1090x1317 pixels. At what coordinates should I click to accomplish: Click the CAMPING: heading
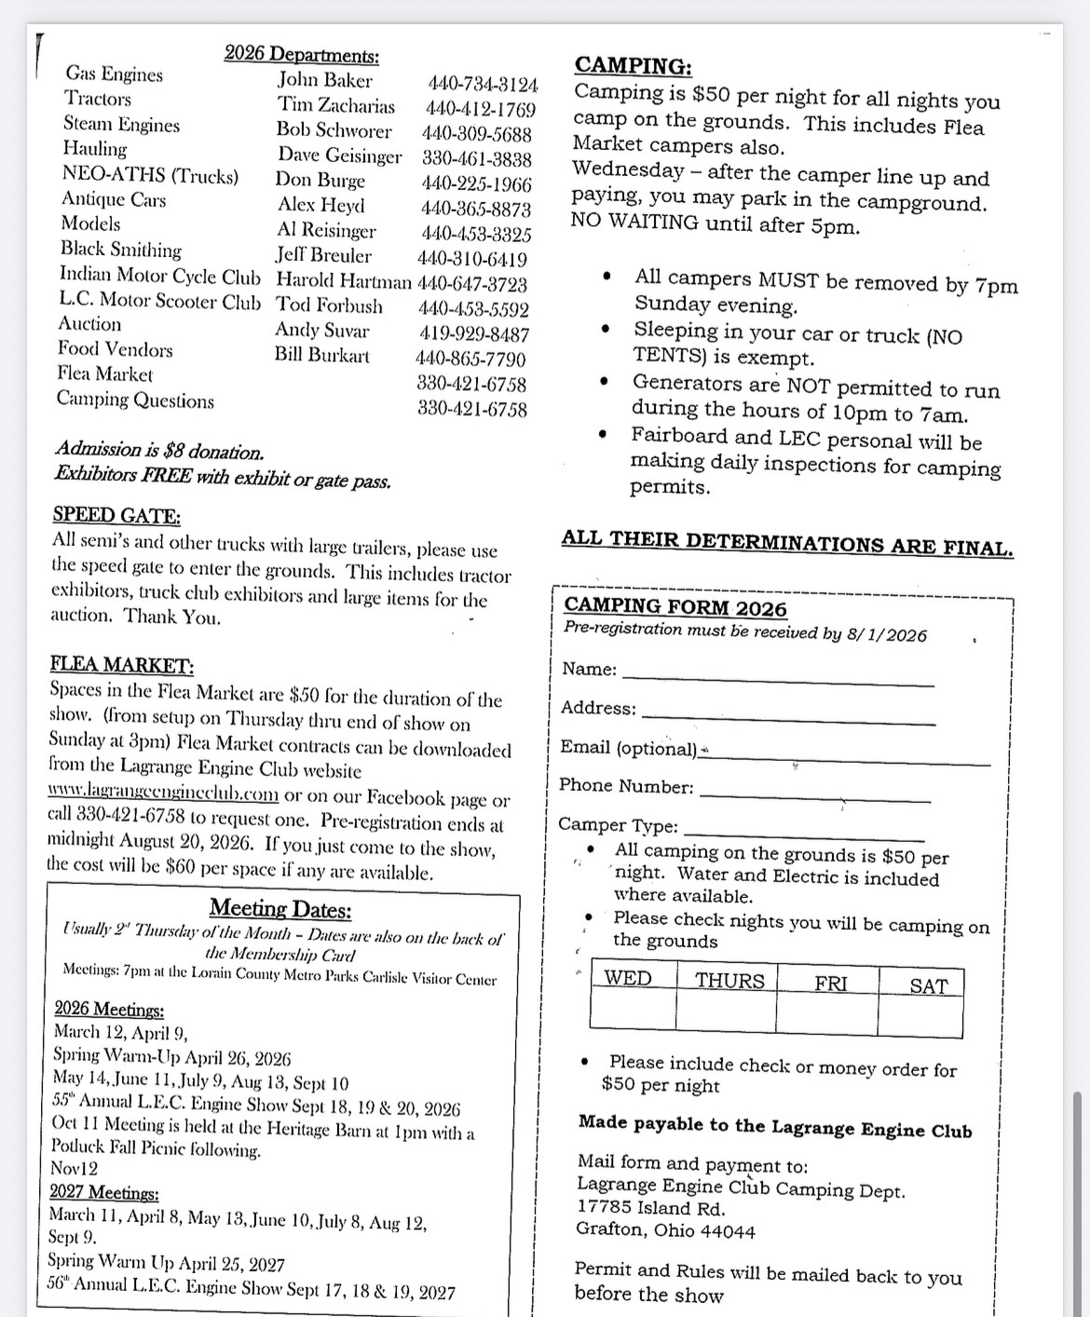633,65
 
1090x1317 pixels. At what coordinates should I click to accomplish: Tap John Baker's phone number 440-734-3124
483,84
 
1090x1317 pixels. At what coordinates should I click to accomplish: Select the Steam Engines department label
121,124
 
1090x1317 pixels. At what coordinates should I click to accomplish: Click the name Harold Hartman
344,280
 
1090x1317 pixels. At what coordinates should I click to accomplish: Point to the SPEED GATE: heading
116,515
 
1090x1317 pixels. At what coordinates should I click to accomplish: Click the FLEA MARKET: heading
122,665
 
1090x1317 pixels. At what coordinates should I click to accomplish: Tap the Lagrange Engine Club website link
163,794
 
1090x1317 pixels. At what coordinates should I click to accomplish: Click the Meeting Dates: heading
280,908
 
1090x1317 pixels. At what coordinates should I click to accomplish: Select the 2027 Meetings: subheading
104,1193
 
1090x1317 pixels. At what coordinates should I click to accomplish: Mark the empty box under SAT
920,1016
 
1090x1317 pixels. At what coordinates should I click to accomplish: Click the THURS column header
729,981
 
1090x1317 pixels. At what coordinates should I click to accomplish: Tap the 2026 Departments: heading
302,55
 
